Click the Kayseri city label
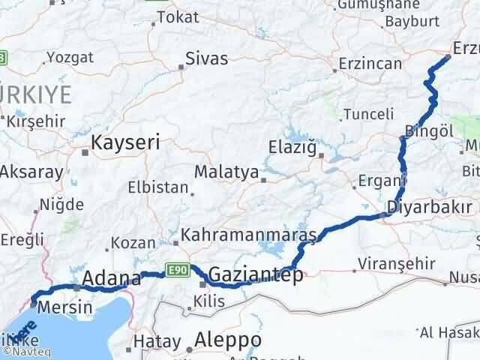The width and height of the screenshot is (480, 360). (x=124, y=142)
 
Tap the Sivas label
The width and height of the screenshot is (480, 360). (x=206, y=57)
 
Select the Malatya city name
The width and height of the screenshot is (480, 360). (x=226, y=172)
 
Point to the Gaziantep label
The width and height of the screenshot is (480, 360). (x=256, y=275)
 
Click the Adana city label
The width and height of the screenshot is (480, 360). (x=112, y=280)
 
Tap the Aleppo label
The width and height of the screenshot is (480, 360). (x=227, y=340)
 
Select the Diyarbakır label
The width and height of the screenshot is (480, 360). (x=430, y=208)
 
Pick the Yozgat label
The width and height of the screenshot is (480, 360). (x=71, y=57)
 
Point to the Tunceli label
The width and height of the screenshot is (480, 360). (x=368, y=114)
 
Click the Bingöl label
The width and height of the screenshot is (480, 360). (x=429, y=131)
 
